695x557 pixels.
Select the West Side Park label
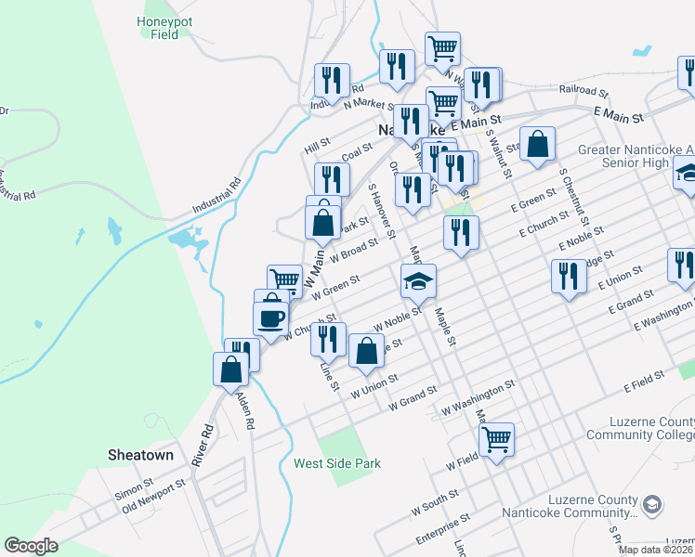pos(337,463)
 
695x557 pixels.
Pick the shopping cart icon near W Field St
pos(497,438)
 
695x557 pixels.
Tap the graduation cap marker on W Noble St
pos(418,280)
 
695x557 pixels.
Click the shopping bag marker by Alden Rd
pos(230,369)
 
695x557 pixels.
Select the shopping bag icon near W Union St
pos(367,350)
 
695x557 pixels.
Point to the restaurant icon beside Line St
pos(328,339)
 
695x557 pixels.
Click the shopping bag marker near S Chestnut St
pos(537,144)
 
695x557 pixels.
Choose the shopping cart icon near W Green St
pos(284,279)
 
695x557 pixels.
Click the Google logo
pos(31,546)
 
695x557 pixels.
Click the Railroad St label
pos(583,93)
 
